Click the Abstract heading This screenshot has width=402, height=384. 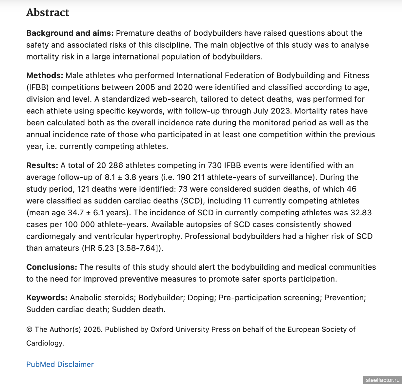(x=48, y=12)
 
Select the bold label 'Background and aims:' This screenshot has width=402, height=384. (x=70, y=33)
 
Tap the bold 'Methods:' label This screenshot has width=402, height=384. (x=45, y=75)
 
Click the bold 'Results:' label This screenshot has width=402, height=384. (x=42, y=165)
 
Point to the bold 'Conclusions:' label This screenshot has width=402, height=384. (x=51, y=267)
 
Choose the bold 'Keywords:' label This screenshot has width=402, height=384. (x=47, y=298)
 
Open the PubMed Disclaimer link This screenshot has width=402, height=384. (x=60, y=364)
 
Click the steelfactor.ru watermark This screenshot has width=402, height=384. (x=383, y=380)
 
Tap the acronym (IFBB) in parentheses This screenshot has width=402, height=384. (x=37, y=87)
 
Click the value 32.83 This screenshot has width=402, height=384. (x=361, y=213)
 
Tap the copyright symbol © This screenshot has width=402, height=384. (x=29, y=330)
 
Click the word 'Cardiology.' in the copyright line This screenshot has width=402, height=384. (x=45, y=343)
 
